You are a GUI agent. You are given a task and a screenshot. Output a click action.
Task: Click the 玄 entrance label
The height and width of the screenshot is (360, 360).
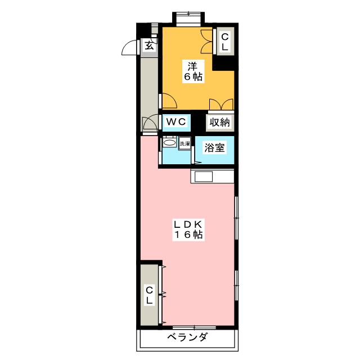coord(148,46)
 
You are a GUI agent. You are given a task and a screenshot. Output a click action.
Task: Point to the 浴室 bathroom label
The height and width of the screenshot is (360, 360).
coord(214,148)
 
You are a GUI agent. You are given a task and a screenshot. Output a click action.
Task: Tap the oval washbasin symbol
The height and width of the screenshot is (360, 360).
coord(169,144)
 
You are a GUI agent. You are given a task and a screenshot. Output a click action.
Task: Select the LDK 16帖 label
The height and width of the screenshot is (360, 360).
coord(189,229)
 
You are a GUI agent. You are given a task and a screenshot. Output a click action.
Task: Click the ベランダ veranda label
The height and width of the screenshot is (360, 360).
coord(187,338)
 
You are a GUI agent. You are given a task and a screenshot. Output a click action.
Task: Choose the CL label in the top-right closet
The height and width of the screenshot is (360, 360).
coord(224,42)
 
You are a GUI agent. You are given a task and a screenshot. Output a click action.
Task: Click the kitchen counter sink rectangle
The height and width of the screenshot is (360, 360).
coord(203,177)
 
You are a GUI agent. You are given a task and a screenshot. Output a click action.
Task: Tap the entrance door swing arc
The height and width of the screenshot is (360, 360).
coord(130,48)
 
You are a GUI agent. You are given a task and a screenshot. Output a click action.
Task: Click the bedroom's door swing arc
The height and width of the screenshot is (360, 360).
coord(169,101)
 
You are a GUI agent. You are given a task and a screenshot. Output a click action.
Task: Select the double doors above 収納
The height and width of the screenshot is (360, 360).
coord(220,105)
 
